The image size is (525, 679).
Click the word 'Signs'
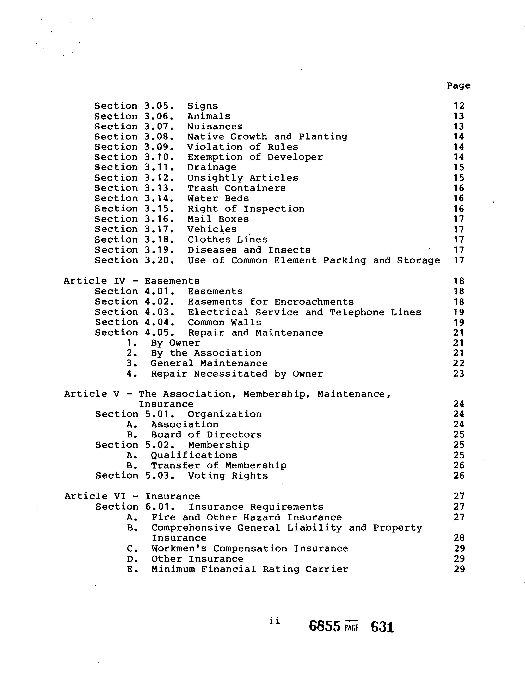[202, 106]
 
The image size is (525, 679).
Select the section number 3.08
[159, 137]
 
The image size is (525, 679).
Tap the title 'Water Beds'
[218, 198]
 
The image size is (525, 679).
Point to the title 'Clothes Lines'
[227, 240]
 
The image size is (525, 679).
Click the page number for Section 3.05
[459, 106]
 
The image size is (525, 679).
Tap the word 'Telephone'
[357, 312]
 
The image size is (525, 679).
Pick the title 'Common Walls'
[225, 322]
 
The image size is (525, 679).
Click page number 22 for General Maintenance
[459, 363]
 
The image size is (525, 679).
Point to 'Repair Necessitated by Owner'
[237, 374]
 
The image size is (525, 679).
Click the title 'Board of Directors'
[206, 435]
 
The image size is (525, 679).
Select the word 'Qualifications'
[194, 455]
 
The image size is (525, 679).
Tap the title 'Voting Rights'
[228, 476]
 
